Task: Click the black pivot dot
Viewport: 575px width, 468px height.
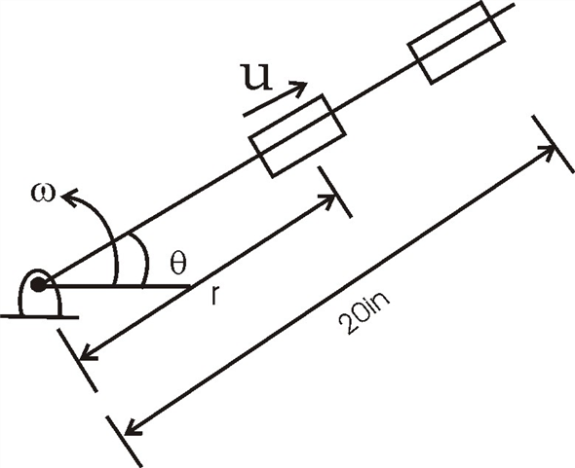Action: [x=39, y=285]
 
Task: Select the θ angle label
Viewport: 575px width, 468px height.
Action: [x=176, y=264]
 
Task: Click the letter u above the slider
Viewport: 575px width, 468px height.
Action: [x=256, y=79]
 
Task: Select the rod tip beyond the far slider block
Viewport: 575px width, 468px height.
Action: [x=508, y=11]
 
